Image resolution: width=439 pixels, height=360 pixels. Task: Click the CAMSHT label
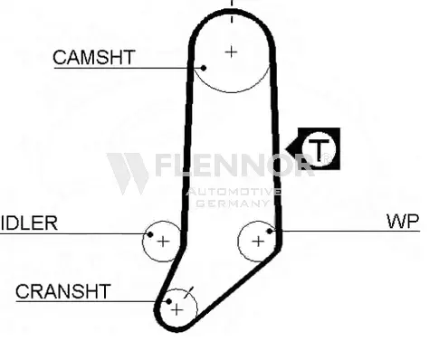pos(93,57)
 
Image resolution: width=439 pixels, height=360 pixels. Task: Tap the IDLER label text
pos(29,223)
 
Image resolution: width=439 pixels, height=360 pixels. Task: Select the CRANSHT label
pos(63,291)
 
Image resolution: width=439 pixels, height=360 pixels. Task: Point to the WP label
pos(403,222)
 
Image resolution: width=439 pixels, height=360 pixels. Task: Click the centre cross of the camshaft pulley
pos(232,52)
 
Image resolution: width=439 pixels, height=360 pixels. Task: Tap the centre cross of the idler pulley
pos(163,242)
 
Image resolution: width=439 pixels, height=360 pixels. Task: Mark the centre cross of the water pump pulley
pos(258,242)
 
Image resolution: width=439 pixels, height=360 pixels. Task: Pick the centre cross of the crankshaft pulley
pos(177,309)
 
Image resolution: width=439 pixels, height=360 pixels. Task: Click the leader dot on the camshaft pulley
pos(204,68)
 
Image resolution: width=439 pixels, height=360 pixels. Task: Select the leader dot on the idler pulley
pos(150,234)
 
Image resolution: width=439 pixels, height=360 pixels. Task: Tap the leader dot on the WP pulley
pos(270,231)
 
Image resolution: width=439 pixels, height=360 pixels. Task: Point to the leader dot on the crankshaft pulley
pos(169,301)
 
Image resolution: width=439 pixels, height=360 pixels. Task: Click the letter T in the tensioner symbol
pos(319,150)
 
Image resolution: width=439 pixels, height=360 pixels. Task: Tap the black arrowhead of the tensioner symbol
pos(292,148)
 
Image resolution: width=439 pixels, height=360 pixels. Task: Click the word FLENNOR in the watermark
pos(234,165)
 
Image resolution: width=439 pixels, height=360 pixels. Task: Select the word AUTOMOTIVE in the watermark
pos(233,192)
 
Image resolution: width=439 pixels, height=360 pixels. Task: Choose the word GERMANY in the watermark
pos(232,204)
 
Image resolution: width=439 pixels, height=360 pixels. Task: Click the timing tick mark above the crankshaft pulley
pos(189,292)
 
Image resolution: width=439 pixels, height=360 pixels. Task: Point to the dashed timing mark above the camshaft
pos(232,12)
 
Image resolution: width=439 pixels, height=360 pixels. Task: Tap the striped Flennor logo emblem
pos(128,174)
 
